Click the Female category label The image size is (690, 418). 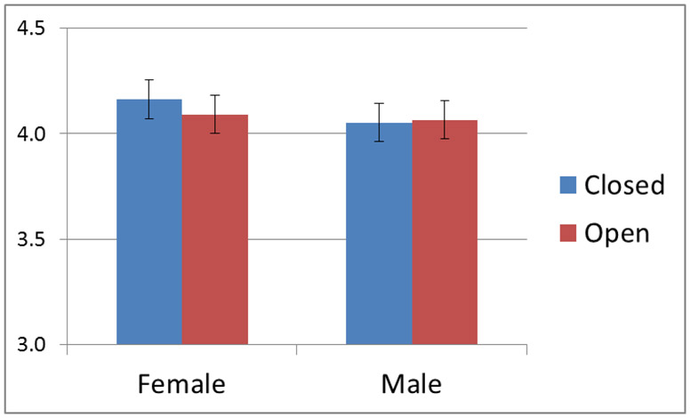(x=181, y=384)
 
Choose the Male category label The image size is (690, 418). (x=411, y=384)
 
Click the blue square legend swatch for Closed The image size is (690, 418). (x=568, y=185)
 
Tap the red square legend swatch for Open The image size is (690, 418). (x=568, y=233)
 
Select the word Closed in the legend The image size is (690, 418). (x=624, y=185)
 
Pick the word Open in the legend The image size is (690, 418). (x=616, y=233)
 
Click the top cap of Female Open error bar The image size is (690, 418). (x=215, y=95)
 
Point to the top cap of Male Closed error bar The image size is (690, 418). (x=379, y=103)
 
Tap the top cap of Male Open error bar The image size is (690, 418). (x=445, y=100)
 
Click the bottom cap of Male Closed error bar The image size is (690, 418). (x=379, y=141)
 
